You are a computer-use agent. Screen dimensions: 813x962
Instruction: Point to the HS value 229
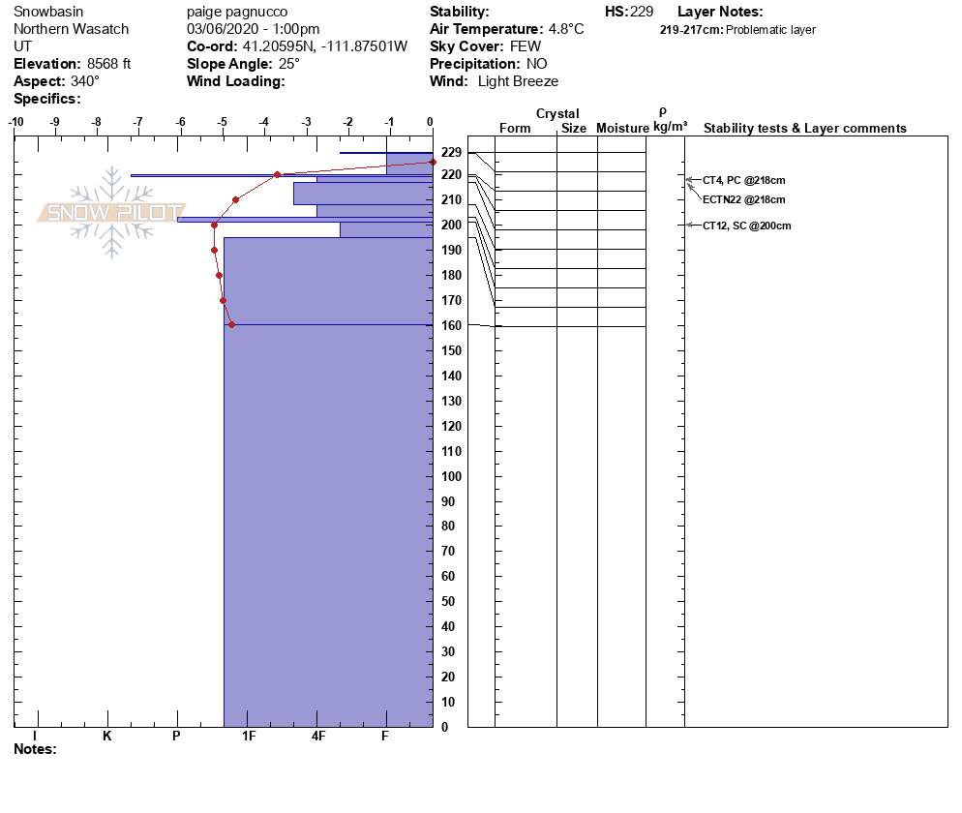(643, 12)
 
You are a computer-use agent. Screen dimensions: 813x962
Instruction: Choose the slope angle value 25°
(286, 64)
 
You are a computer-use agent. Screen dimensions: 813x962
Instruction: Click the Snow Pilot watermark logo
(112, 213)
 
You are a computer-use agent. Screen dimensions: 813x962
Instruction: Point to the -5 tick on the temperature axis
(223, 122)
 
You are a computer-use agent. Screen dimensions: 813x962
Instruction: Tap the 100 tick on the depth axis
(450, 476)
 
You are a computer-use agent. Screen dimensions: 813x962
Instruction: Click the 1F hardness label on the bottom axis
(249, 737)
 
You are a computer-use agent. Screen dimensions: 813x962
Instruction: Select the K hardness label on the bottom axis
(106, 737)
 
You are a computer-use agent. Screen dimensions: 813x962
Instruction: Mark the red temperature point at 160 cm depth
(231, 324)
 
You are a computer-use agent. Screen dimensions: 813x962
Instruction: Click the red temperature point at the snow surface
(432, 162)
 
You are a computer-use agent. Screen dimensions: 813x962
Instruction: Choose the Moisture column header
(621, 129)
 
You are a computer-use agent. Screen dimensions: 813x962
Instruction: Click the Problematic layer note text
(770, 30)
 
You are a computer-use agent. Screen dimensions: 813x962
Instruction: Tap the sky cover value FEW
(526, 46)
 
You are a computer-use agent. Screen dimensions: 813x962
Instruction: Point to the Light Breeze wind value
(518, 81)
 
